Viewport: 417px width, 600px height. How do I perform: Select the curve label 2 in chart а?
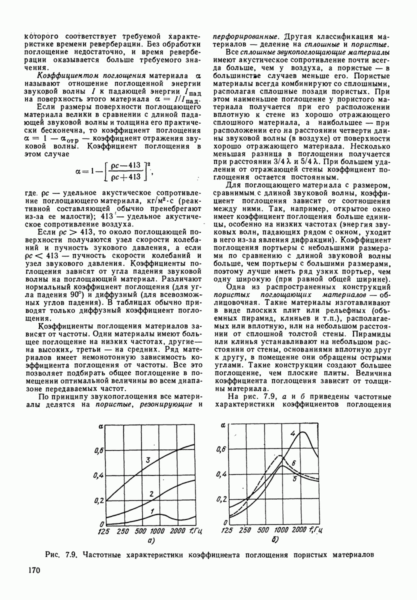click(150, 494)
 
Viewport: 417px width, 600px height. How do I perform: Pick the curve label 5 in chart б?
click(295, 479)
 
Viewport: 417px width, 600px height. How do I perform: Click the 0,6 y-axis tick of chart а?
click(100, 450)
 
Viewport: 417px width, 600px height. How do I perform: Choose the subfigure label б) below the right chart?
click(274, 540)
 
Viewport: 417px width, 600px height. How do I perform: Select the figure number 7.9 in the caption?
click(71, 555)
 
